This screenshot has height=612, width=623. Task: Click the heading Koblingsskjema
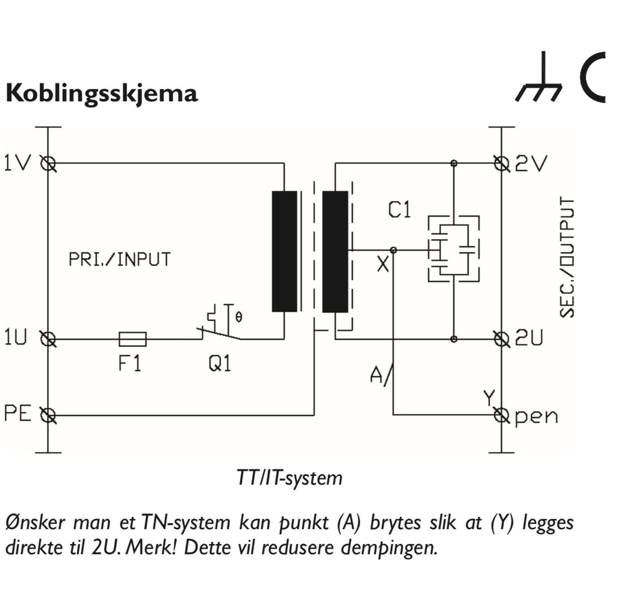click(x=102, y=93)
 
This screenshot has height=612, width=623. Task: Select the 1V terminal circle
click(x=49, y=164)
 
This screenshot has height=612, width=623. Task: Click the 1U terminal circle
click(x=49, y=339)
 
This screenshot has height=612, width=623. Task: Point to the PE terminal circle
click(x=49, y=416)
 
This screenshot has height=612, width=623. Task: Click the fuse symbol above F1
click(x=133, y=339)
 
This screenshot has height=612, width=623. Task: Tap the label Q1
click(x=220, y=364)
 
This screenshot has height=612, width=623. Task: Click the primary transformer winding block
click(x=285, y=252)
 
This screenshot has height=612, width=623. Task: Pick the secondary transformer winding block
click(x=335, y=252)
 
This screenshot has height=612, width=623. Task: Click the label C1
click(x=400, y=211)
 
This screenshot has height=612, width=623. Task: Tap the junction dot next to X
click(x=393, y=250)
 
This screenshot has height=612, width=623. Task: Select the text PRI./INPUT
click(x=119, y=260)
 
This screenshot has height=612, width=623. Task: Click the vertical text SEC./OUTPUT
click(x=567, y=257)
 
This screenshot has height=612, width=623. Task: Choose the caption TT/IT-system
click(x=289, y=478)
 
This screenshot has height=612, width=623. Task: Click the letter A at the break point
click(x=376, y=376)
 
